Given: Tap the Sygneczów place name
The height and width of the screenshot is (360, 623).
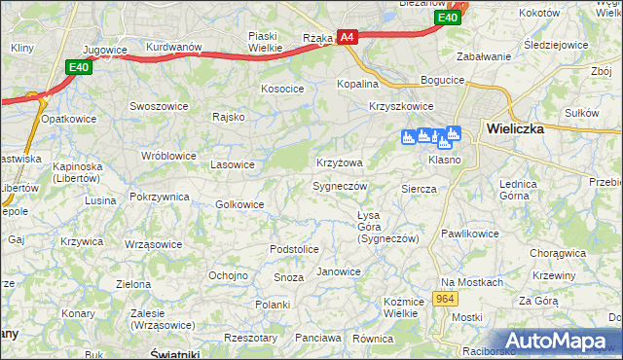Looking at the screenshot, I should point(339,185).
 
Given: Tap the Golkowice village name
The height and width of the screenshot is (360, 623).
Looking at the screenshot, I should point(239,204).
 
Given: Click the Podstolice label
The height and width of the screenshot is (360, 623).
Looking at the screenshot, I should point(294,249).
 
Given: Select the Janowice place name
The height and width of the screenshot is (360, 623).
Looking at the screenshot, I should point(339,271).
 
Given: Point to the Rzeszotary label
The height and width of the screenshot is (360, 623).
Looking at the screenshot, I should point(250,338).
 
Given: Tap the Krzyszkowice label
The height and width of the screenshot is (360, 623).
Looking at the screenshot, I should point(401,106).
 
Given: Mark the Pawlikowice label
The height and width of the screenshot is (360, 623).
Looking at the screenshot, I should point(469,234).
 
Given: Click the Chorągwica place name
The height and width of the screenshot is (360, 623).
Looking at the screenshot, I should point(558,253).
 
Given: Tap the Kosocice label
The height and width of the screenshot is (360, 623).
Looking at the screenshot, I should point(282,89).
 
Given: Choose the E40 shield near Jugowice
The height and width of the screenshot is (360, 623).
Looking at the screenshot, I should point(80,66).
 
